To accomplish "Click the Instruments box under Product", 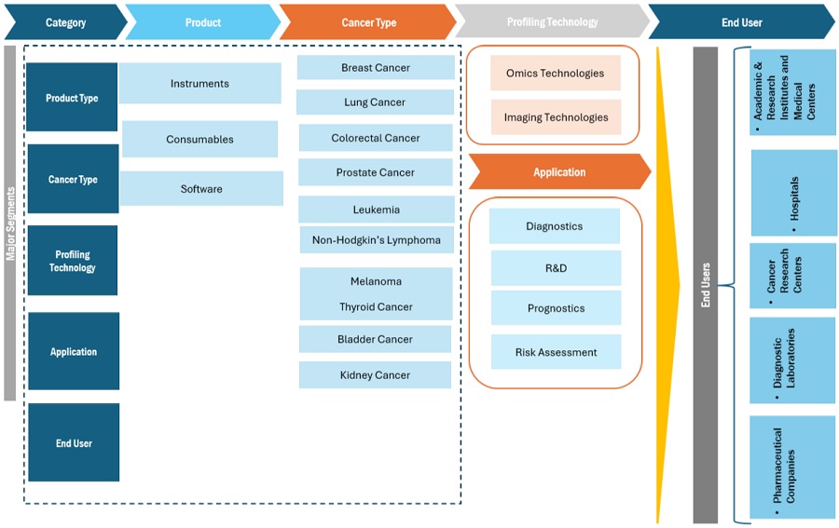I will (199, 84).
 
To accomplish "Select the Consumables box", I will (199, 140).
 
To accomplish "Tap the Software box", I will (201, 189).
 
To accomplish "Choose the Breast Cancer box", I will (376, 68).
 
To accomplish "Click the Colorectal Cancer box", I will (376, 138).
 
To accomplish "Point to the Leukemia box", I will (376, 210).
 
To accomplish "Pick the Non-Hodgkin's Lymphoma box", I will (376, 240).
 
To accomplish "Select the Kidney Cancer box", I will (375, 375).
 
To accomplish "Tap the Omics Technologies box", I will (555, 74).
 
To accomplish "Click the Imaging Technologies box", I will (556, 117).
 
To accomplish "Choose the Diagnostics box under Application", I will (554, 226).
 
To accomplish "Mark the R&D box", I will (556, 268).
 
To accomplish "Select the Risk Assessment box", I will (556, 352).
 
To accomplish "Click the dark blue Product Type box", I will (72, 98).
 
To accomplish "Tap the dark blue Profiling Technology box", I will (72, 261).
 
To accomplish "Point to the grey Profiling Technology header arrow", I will (552, 22).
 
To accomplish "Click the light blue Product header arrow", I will (202, 22).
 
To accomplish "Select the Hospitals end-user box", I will (793, 193).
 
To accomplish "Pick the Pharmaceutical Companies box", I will (792, 466).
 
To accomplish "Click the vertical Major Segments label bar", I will (10, 223).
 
